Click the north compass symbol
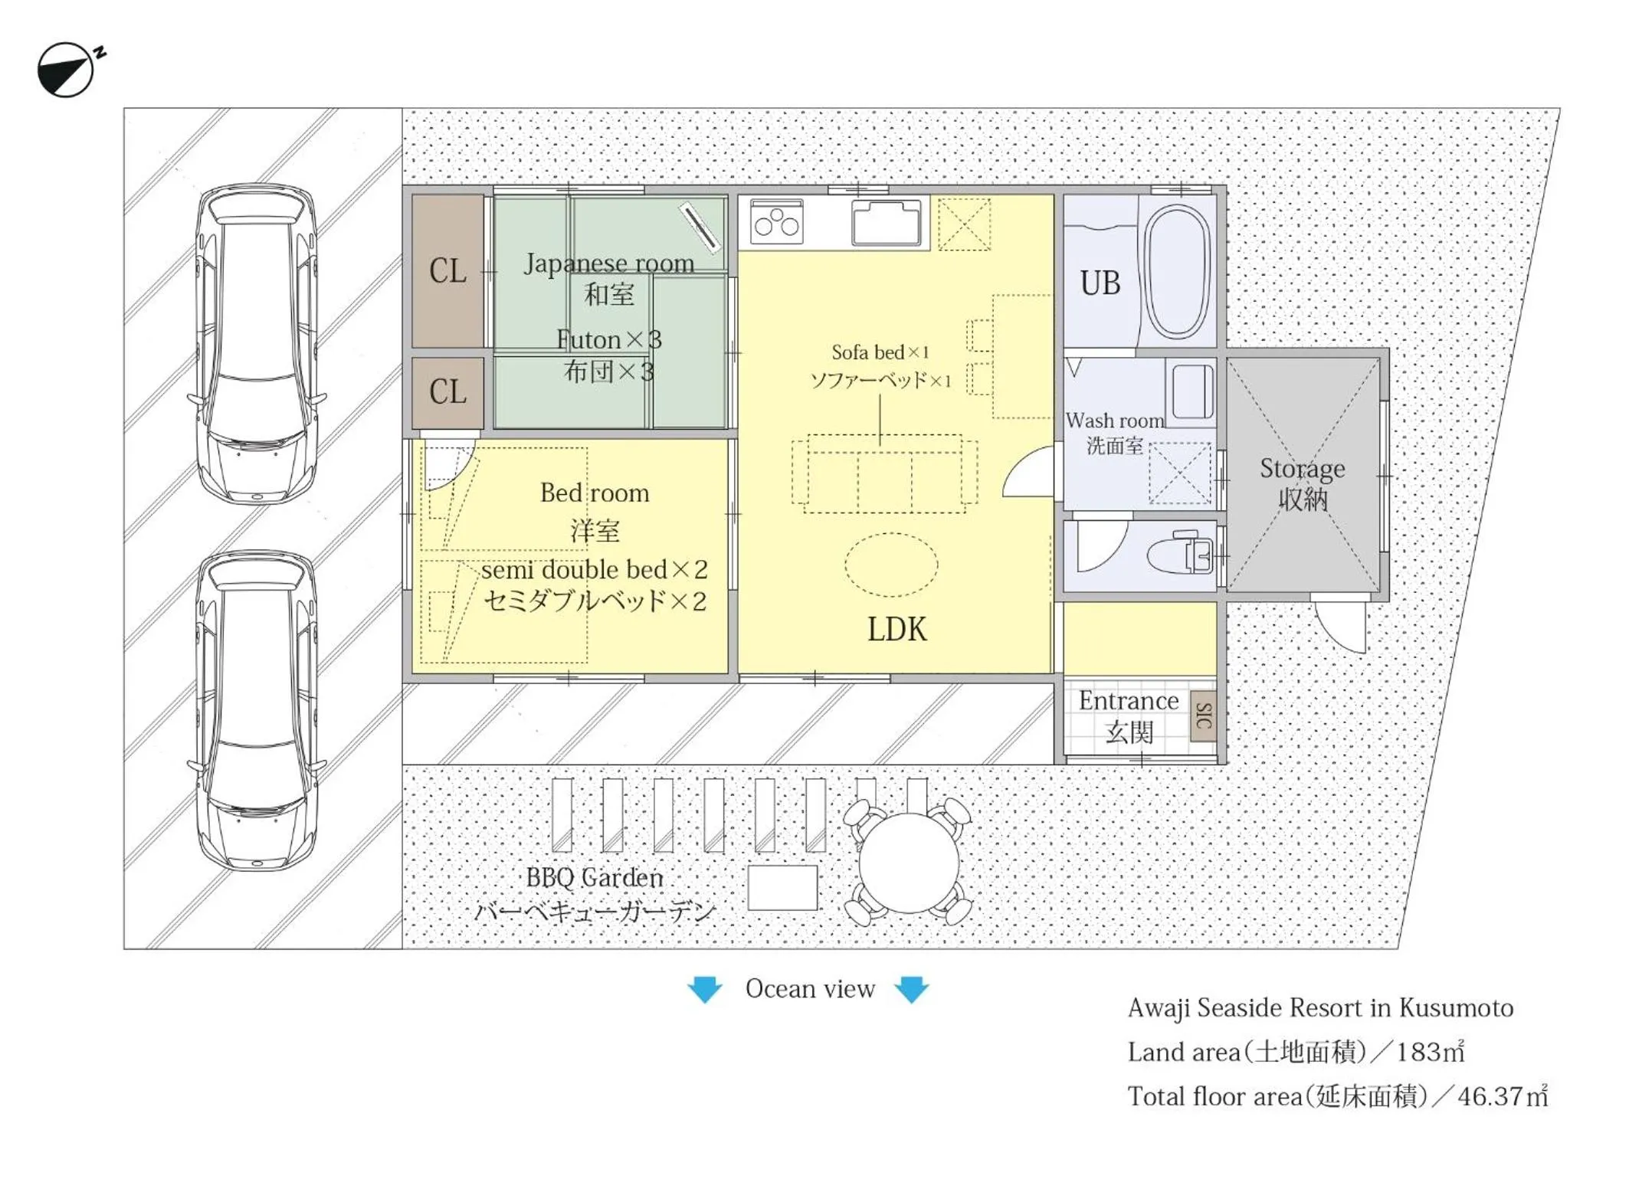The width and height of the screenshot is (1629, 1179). (66, 70)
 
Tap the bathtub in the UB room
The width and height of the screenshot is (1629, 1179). (1178, 271)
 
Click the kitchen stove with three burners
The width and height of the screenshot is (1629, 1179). (776, 222)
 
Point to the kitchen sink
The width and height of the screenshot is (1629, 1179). (886, 221)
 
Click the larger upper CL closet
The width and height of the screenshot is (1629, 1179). (447, 271)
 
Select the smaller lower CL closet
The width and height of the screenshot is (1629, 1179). (447, 392)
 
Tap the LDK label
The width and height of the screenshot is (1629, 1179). (896, 629)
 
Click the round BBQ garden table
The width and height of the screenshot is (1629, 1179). (909, 863)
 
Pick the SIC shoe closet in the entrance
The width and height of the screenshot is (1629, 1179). (1203, 716)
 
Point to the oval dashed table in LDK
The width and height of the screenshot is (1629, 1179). (891, 565)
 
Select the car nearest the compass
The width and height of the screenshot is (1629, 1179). (257, 342)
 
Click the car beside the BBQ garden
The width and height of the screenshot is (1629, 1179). (257, 712)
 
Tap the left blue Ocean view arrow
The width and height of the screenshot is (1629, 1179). (704, 988)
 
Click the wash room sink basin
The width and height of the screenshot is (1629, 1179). (1192, 390)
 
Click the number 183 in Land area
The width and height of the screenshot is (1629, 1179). (1418, 1052)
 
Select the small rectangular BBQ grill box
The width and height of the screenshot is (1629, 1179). (782, 887)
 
